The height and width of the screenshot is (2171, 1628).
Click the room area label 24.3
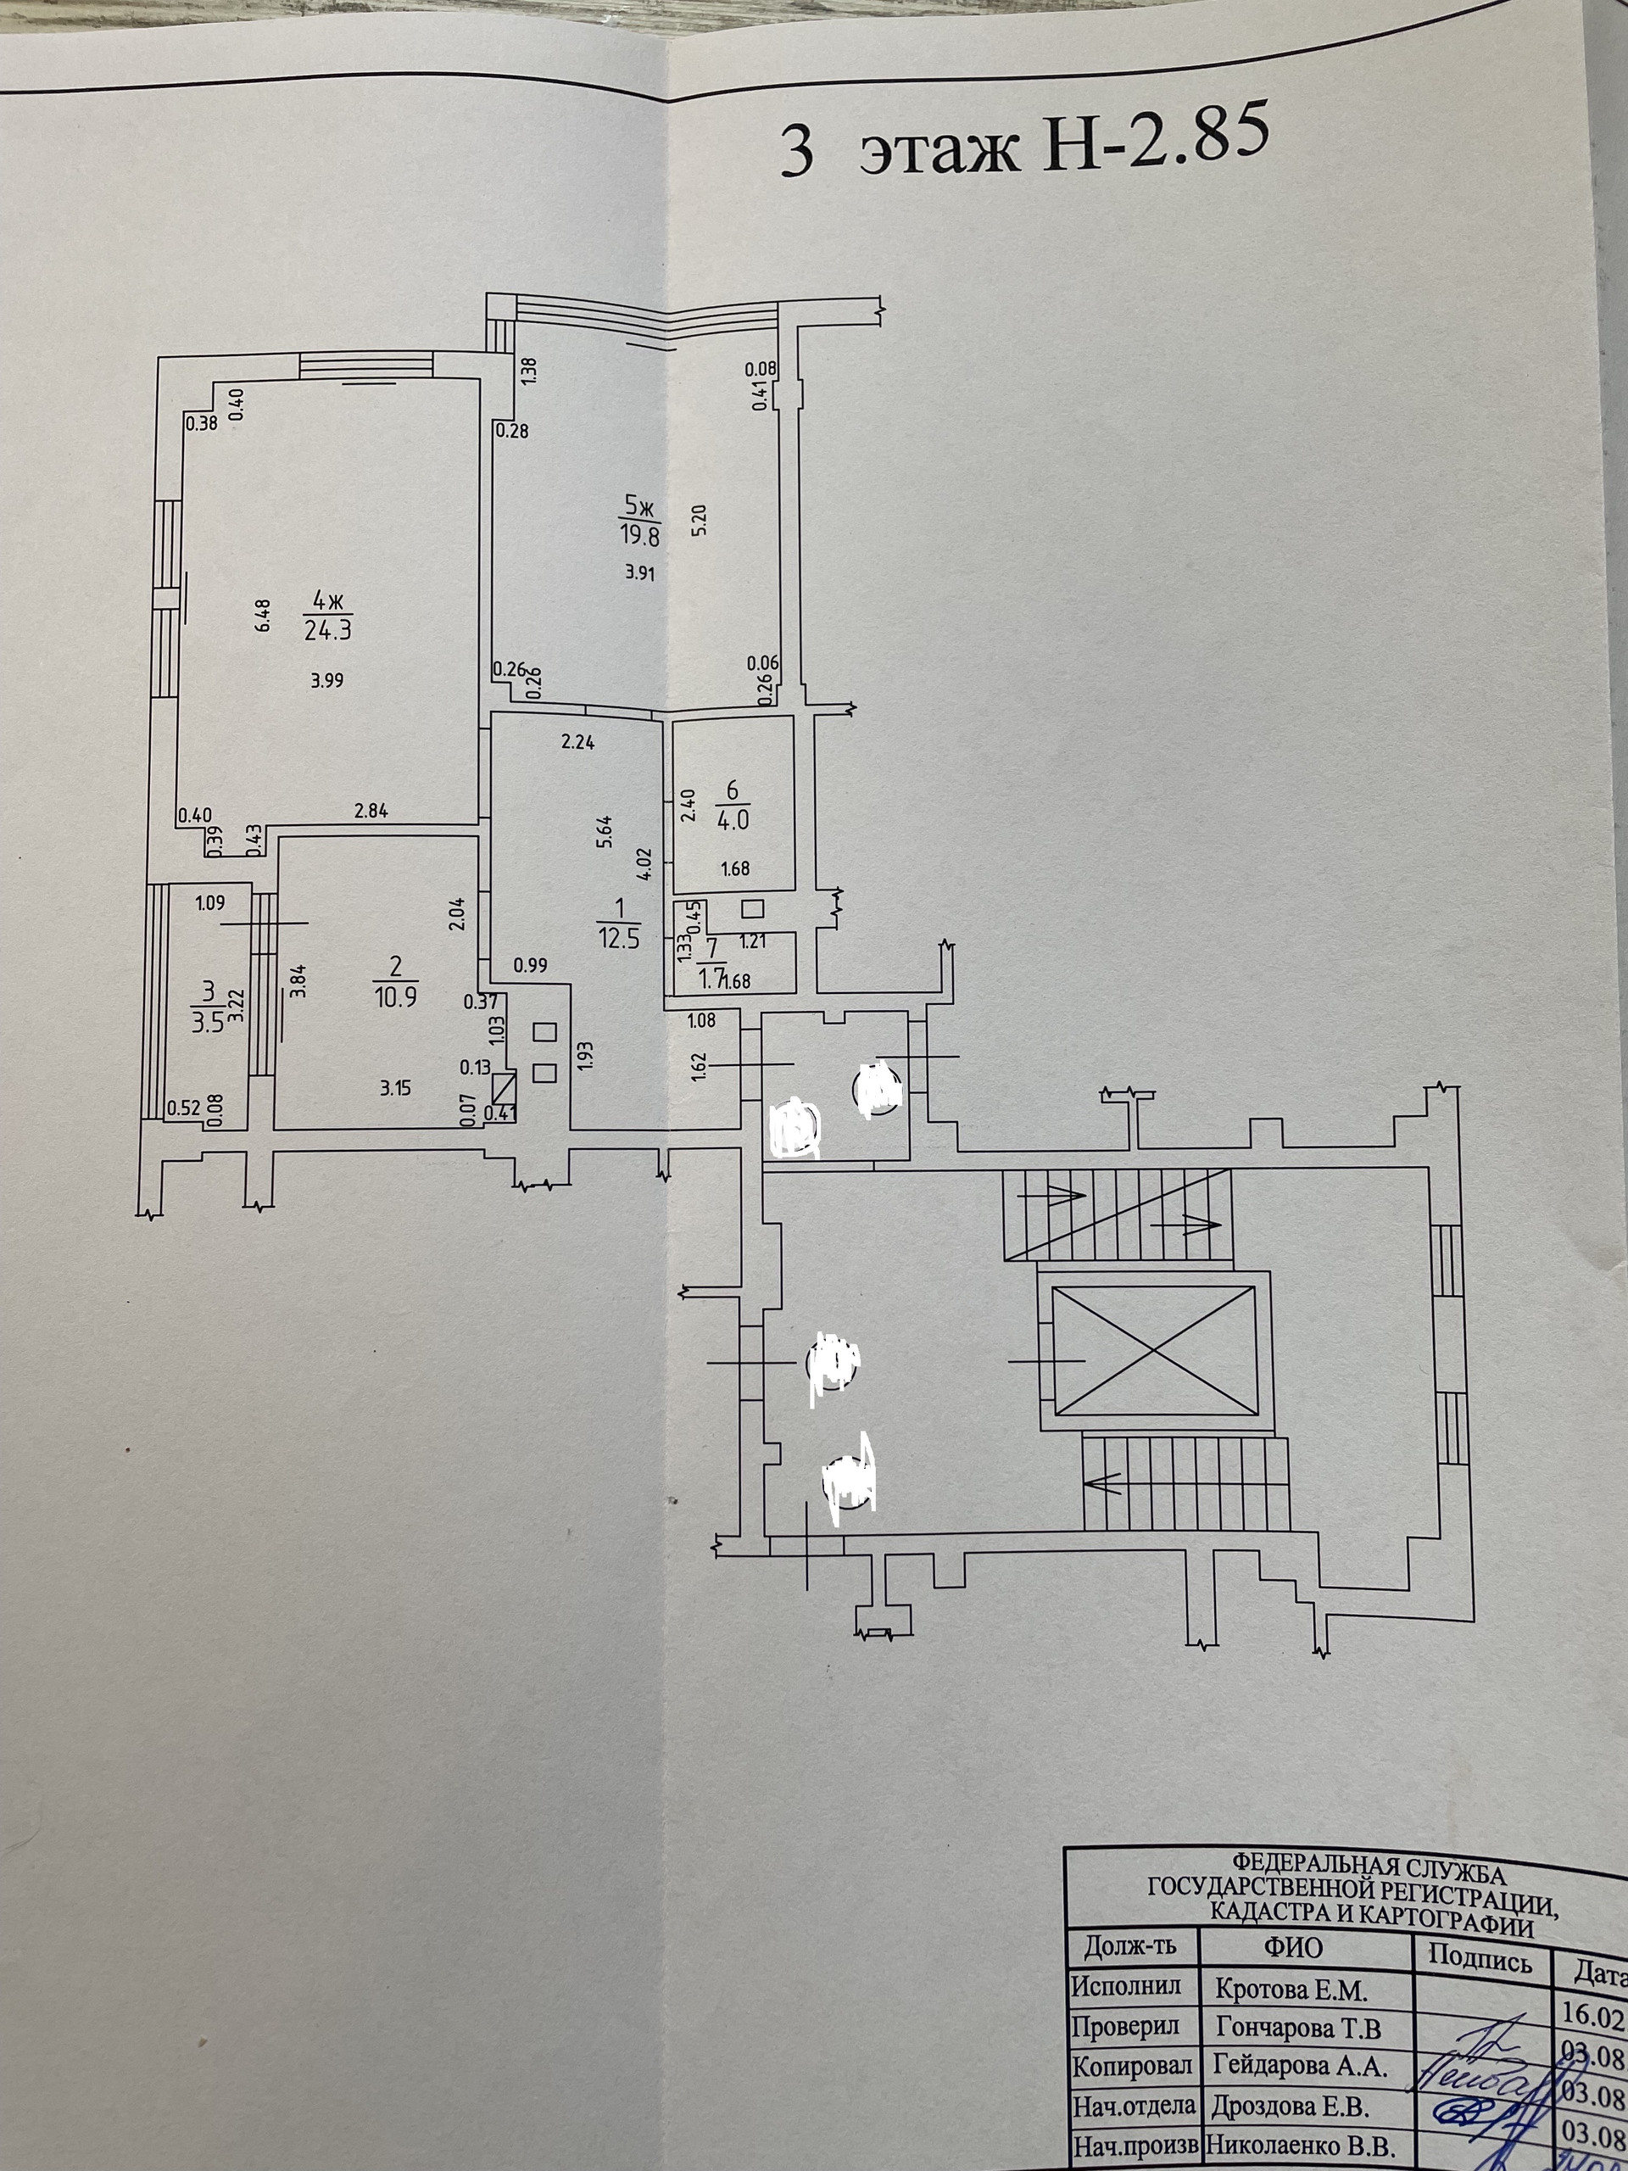click(328, 631)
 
